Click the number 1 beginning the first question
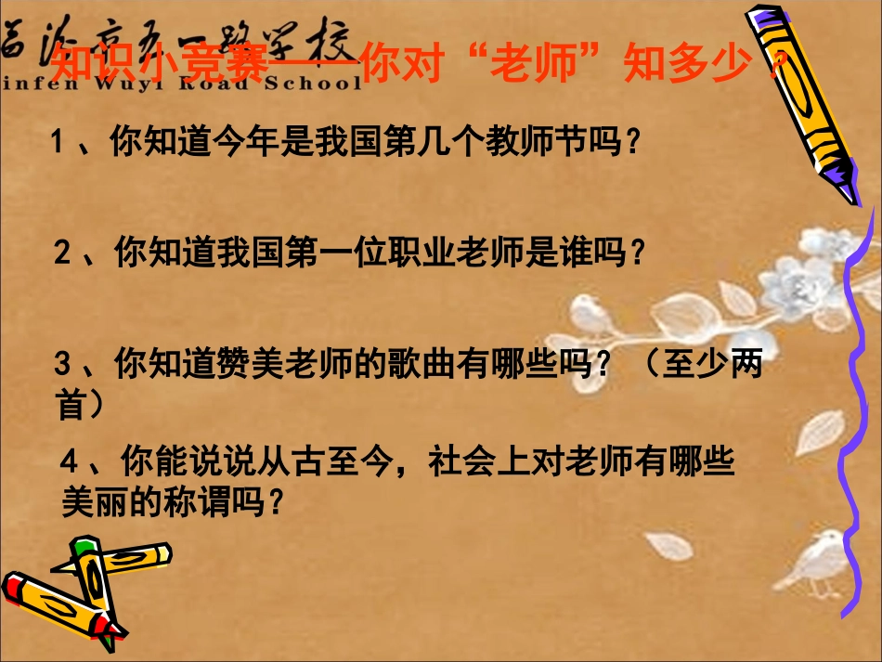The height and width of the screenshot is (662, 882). click(58, 143)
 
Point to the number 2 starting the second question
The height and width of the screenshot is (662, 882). click(62, 253)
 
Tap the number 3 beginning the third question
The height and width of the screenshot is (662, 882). click(62, 365)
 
